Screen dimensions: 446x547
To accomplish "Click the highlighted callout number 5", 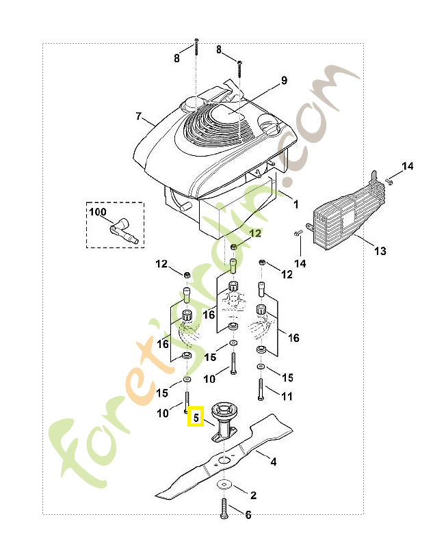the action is pos(196,417).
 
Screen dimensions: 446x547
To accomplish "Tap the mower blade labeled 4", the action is pos(224,457).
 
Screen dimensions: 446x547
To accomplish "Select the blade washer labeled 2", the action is pos(224,484).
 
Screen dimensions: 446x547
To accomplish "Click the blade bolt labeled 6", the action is pos(224,508).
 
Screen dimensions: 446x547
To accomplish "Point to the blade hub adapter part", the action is pos(224,423).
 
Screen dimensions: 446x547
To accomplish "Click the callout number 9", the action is pos(285,80).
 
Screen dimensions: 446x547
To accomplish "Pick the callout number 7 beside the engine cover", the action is pos(139,116).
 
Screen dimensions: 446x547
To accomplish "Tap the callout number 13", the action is pos(380,251).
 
